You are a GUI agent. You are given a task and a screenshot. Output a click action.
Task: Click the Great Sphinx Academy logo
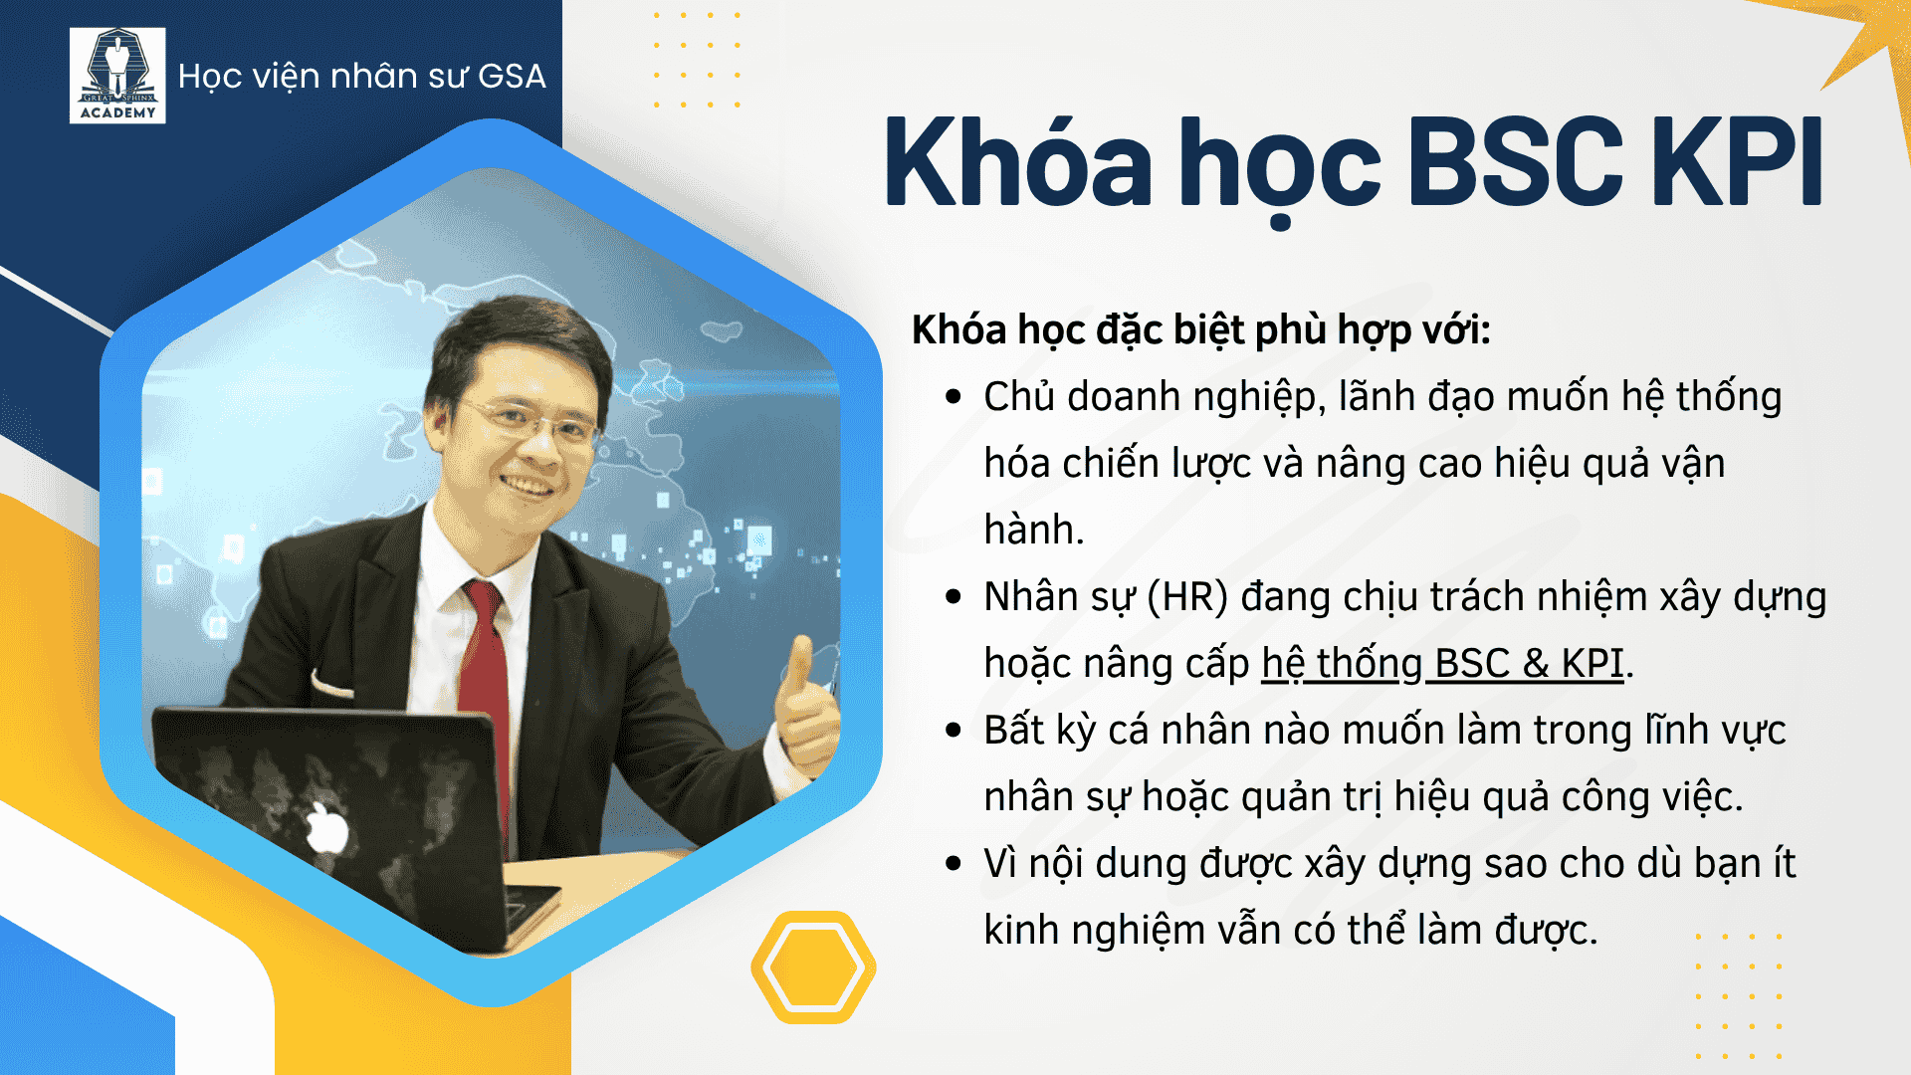coord(117,76)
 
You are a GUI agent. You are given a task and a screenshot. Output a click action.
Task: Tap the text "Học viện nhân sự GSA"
coord(362,77)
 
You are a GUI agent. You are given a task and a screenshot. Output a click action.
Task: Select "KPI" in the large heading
coord(1738,161)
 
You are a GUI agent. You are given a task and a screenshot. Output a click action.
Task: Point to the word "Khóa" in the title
coord(1018,161)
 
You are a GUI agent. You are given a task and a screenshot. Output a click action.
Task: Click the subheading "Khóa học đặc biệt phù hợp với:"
coord(1201,330)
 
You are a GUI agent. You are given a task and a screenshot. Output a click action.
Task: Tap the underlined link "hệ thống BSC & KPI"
coord(1443,664)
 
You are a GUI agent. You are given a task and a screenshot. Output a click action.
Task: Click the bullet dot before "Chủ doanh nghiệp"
coord(954,397)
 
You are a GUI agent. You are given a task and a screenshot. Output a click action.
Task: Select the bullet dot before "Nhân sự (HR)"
coord(954,597)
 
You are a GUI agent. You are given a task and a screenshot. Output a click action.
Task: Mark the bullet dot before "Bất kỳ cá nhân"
coord(954,731)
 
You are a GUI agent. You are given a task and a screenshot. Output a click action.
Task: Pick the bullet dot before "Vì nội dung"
coord(954,864)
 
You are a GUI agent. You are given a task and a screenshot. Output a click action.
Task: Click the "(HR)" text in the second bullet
coord(1187,598)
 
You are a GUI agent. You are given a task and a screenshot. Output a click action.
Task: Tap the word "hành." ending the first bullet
coord(1034,530)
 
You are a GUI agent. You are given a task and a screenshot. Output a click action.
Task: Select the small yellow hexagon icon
coord(813,967)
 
